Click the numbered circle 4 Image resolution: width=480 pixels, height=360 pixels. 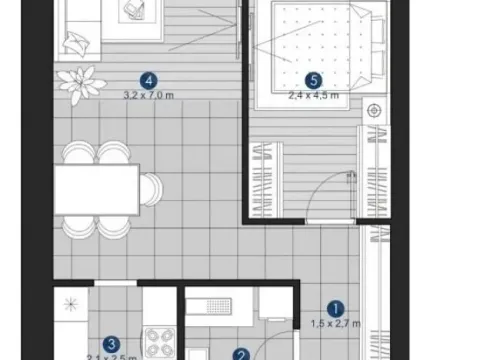pyautogui.click(x=149, y=80)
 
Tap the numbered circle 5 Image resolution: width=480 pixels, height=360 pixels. pyautogui.click(x=312, y=80)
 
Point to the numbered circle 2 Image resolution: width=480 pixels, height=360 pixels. pyautogui.click(x=241, y=353)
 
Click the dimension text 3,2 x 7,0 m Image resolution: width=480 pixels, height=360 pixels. pyautogui.click(x=149, y=96)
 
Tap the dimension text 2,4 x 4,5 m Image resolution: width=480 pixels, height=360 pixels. pyautogui.click(x=312, y=96)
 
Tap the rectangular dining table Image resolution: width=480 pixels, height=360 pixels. pyautogui.click(x=96, y=189)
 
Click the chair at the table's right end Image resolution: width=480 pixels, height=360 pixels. pyautogui.click(x=151, y=188)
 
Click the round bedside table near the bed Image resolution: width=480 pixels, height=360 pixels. pyautogui.click(x=376, y=110)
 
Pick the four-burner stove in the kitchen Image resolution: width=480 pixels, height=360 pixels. pyautogui.click(x=159, y=345)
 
